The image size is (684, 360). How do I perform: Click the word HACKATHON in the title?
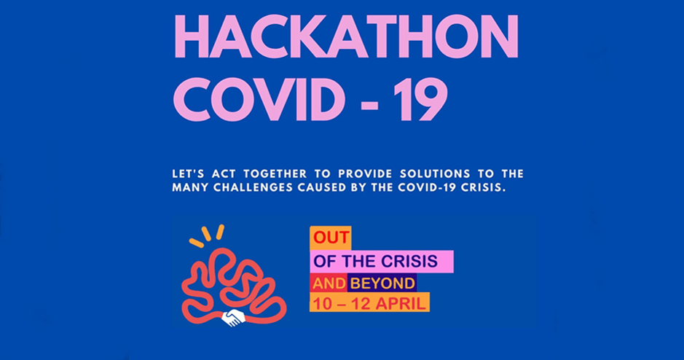347,37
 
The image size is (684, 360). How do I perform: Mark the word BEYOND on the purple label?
383,283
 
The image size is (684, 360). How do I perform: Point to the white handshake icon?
234,317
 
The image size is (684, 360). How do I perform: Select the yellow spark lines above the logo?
207,235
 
